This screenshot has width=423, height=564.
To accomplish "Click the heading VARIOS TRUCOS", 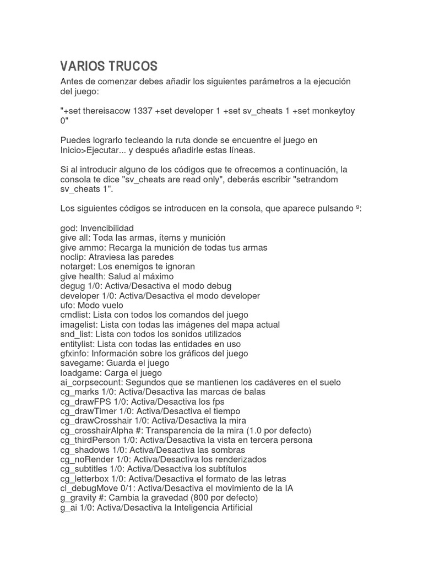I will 109,67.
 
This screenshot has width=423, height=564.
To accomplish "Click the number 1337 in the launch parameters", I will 144,111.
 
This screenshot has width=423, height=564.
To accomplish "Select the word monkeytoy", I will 335,111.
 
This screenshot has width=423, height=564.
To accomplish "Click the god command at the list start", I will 68,228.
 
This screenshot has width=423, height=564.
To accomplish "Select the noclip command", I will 73,257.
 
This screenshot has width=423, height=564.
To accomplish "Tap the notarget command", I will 76,267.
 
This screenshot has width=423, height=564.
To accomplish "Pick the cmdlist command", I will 75,315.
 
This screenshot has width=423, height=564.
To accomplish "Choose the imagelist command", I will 79,324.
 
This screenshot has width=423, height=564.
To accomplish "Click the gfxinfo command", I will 74,354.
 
